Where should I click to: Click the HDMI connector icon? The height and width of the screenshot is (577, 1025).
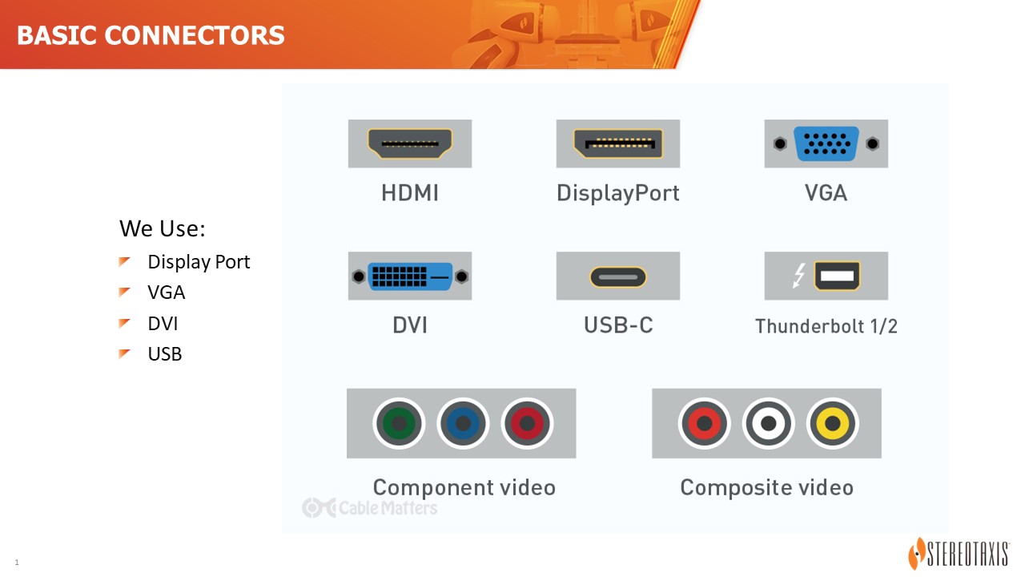pos(409,143)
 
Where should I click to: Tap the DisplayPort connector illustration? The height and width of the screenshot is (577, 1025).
pos(617,143)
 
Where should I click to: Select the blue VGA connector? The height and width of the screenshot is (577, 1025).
pos(826,143)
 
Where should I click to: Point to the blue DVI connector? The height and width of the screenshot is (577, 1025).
pos(409,276)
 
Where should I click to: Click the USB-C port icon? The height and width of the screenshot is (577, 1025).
pos(617,277)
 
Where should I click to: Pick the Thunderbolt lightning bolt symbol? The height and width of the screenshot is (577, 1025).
pos(799,276)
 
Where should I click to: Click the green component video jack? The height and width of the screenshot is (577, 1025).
pos(399,423)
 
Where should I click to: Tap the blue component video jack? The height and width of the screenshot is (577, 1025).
pos(463,423)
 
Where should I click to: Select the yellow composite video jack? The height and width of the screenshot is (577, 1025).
pos(832,423)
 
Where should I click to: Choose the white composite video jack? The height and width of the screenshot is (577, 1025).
pos(768,423)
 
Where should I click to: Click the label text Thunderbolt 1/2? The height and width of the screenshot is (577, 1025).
pos(826,326)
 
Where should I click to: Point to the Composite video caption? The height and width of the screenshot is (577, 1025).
pos(766,487)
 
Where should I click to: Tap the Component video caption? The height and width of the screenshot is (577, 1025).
pos(464,487)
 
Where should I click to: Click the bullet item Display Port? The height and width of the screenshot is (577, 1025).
pos(199,262)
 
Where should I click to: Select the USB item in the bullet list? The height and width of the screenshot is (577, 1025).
pos(165,354)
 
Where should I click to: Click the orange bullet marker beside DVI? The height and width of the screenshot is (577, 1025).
pos(124,323)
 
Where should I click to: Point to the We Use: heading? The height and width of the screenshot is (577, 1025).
pos(162,228)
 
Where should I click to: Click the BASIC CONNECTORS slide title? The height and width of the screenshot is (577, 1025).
pos(151,35)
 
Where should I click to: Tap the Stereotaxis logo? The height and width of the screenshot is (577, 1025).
pos(959,553)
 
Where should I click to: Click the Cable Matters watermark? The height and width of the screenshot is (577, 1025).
pos(370,508)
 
